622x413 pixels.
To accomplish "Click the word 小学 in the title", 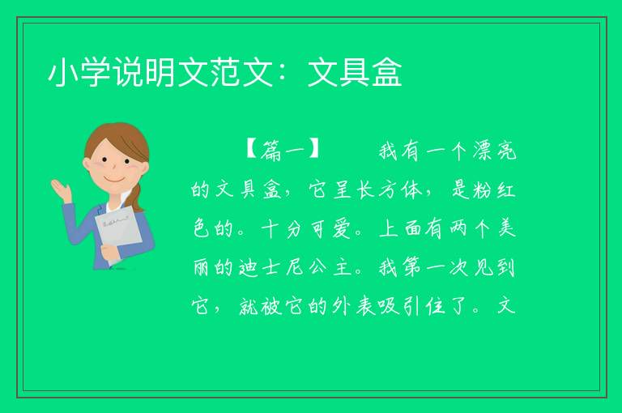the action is click(x=79, y=73).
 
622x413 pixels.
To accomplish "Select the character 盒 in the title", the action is click(x=387, y=73).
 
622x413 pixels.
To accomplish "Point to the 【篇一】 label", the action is click(x=282, y=151).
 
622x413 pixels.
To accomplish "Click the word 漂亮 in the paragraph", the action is click(x=494, y=151).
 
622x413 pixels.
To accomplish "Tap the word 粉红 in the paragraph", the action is click(x=494, y=189).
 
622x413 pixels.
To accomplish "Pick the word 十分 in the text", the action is click(x=281, y=228).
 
